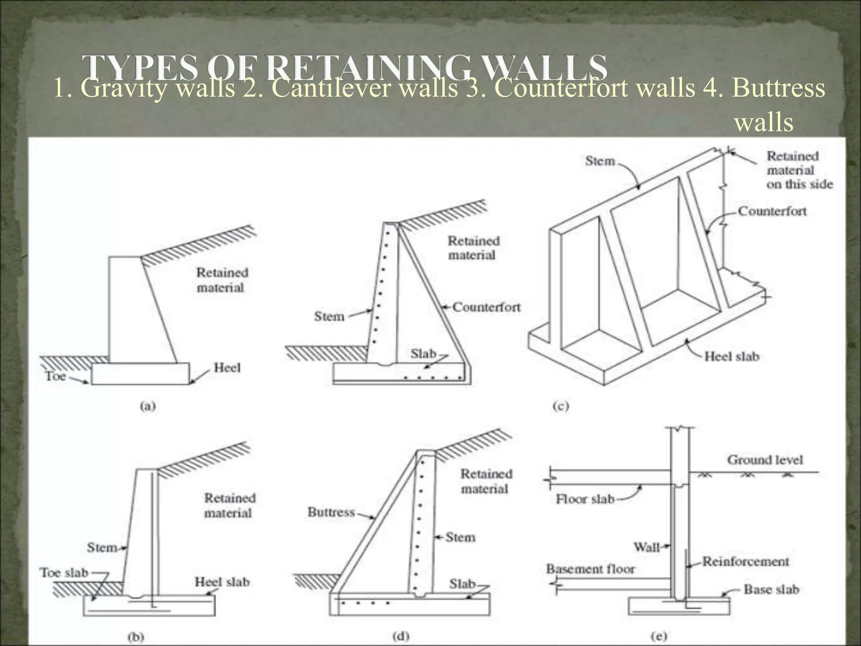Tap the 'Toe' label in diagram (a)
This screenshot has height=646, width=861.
click(x=55, y=376)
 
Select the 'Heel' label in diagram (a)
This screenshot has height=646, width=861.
click(x=227, y=368)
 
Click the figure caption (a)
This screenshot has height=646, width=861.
click(x=148, y=406)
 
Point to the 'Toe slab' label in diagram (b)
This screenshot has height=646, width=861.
click(x=64, y=572)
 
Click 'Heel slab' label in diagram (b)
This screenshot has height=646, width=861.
click(x=222, y=582)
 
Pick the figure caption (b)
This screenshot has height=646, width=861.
click(x=136, y=637)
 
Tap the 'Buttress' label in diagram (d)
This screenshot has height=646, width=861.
click(x=331, y=512)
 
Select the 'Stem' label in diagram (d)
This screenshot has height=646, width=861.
click(x=460, y=537)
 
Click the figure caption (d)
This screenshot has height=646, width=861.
click(x=401, y=636)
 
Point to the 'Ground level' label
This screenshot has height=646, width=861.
click(x=765, y=460)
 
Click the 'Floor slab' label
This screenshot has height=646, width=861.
click(x=585, y=499)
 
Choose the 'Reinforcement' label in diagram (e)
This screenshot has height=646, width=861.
click(x=745, y=561)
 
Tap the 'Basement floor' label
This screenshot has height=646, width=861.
click(x=590, y=569)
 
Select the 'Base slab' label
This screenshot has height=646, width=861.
click(x=771, y=589)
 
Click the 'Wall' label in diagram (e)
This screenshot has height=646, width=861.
click(x=646, y=547)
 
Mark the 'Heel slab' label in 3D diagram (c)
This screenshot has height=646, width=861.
click(x=732, y=357)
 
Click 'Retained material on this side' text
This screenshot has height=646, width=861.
click(x=799, y=170)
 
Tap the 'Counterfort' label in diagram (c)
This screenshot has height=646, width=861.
click(x=772, y=211)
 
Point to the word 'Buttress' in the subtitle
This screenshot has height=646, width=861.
click(x=778, y=88)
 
